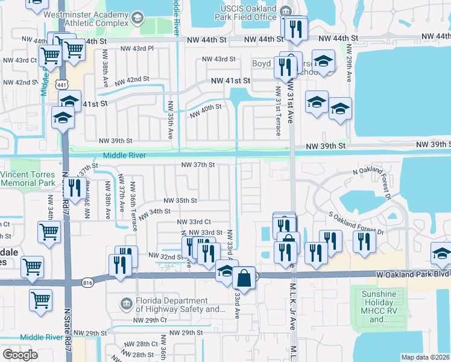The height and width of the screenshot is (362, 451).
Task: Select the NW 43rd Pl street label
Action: (x=137, y=48)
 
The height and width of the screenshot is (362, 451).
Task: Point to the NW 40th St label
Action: (x=206, y=111)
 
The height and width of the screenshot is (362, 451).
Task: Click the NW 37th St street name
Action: (x=198, y=165)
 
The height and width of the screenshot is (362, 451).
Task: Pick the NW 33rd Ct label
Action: (x=194, y=222)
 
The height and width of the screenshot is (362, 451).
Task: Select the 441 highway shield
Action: (x=61, y=85)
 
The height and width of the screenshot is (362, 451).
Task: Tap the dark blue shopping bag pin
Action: (x=244, y=279)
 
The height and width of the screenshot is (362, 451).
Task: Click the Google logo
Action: (x=20, y=355)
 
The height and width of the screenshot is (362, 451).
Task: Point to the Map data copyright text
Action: (x=426, y=357)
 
